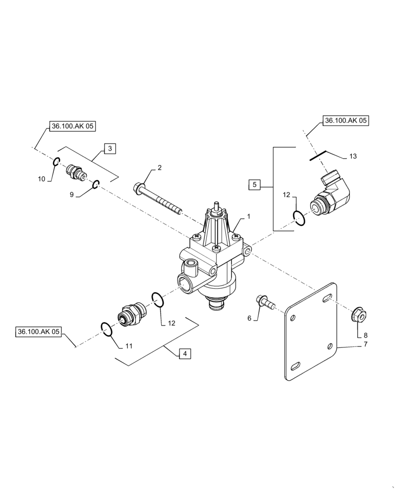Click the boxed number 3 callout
(110, 148)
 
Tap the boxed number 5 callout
(254, 185)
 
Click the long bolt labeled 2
(157, 198)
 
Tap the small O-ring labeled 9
(97, 184)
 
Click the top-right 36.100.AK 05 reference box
(345, 120)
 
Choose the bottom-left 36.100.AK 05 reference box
(38, 332)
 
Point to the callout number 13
(353, 156)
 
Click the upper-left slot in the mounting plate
(293, 318)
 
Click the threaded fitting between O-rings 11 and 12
(131, 314)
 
